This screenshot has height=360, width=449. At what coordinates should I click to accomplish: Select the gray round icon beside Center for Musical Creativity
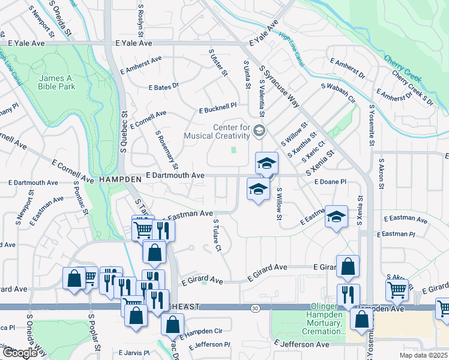pos(259,130)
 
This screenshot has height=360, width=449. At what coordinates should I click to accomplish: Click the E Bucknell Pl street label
pos(217,112)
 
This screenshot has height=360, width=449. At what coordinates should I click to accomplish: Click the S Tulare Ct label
pos(219,235)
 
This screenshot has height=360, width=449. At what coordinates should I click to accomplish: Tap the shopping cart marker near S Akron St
pos(397,290)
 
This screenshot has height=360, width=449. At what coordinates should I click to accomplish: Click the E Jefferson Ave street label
pos(301,344)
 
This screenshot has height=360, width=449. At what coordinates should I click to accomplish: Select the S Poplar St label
pos(92,332)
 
